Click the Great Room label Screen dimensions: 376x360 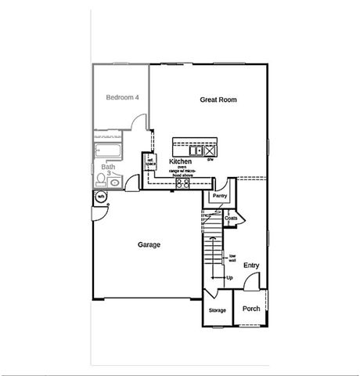(x=218, y=100)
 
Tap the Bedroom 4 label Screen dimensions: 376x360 (x=123, y=98)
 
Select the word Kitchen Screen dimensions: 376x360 (x=181, y=161)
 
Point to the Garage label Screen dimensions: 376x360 (x=149, y=244)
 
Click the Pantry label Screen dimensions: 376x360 (x=220, y=196)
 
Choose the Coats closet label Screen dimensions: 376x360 (x=231, y=219)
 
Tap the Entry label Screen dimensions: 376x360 (x=251, y=266)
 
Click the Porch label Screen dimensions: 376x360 (x=251, y=308)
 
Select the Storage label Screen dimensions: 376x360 (x=217, y=311)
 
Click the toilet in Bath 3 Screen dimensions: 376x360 (x=102, y=181)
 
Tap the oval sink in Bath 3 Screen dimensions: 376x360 (x=116, y=183)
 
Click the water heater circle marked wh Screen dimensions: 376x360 (x=100, y=197)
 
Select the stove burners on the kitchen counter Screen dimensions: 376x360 (x=183, y=183)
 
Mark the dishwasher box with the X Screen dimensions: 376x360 (x=210, y=148)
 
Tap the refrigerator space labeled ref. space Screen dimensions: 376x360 (x=149, y=161)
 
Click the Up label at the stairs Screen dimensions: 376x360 (x=229, y=278)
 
